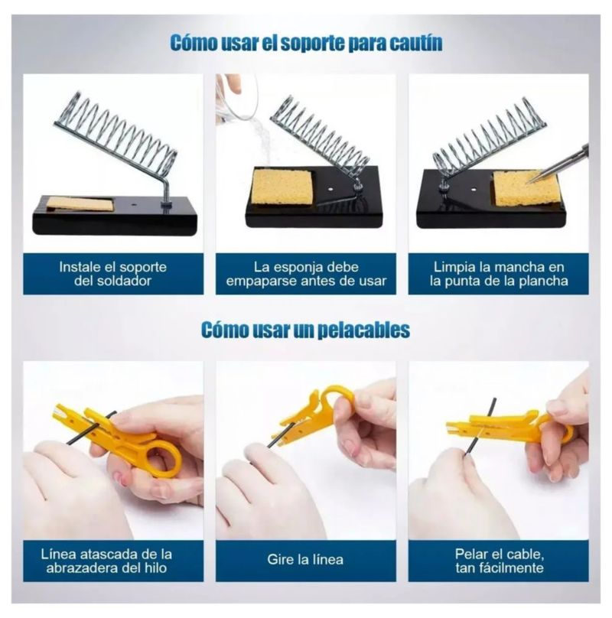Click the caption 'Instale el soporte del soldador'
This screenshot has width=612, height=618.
tap(112, 274)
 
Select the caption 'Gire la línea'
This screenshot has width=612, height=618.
tap(305, 559)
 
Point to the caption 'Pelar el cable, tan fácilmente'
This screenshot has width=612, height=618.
tap(500, 561)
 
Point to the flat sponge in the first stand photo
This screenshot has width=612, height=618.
tap(80, 203)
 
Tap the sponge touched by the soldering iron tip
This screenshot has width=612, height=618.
tap(519, 188)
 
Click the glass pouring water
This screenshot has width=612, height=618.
tap(236, 97)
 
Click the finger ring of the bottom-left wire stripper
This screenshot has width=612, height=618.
tap(164, 459)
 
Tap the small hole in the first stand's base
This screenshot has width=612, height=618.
tap(135, 205)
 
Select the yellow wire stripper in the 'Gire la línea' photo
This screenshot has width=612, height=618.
tap(311, 415)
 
